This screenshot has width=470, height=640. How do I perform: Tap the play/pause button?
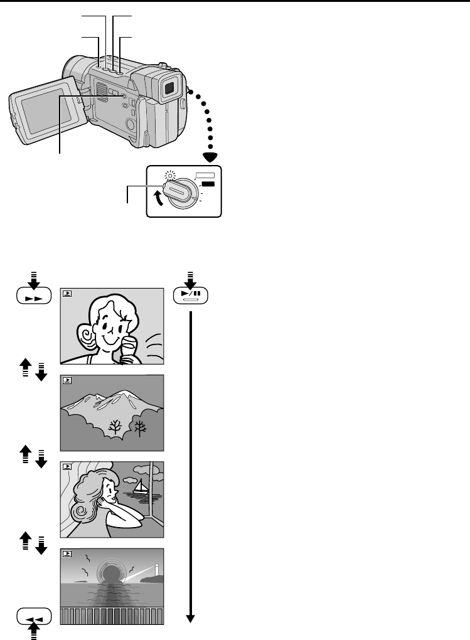click(x=190, y=295)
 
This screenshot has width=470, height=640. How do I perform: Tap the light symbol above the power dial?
click(x=166, y=176)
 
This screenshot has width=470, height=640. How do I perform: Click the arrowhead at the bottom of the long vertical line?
click(x=190, y=619)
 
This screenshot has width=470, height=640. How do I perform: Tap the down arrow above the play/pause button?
click(x=190, y=278)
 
